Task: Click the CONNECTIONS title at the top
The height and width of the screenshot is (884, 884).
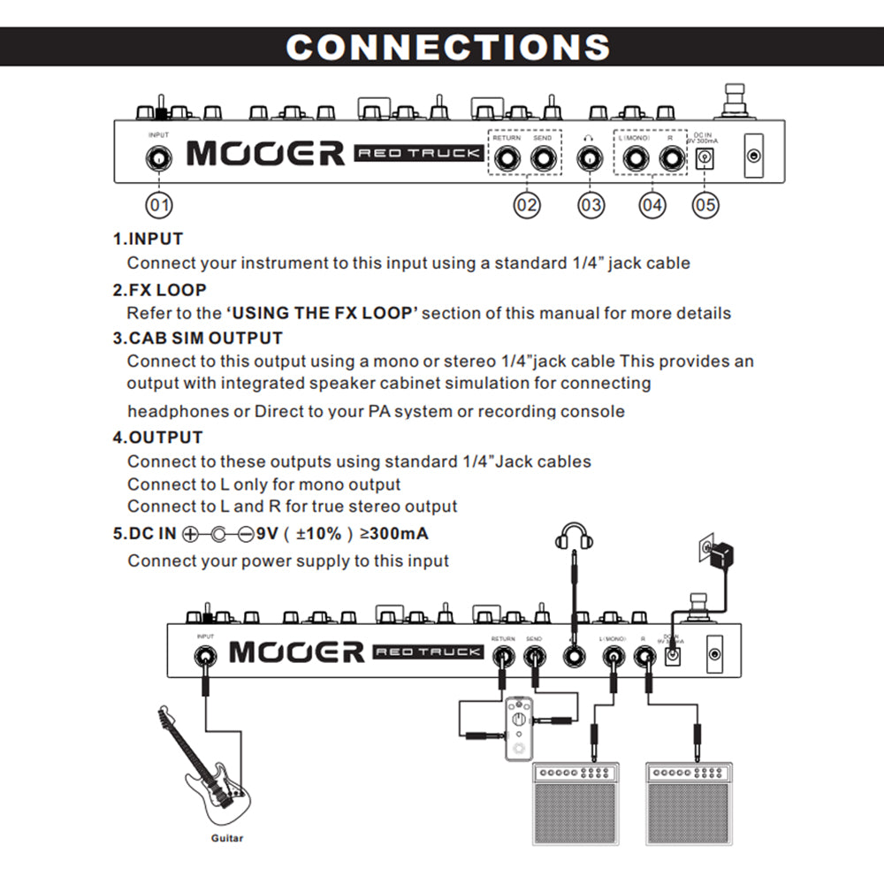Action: pos(448,47)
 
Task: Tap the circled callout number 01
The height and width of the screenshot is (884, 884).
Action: pos(159,205)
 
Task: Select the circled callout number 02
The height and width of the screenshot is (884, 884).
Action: pos(527,205)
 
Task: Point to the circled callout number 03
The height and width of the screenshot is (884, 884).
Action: pos(591,205)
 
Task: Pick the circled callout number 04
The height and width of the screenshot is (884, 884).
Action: pos(652,205)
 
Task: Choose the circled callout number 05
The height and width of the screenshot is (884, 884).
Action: pos(705,205)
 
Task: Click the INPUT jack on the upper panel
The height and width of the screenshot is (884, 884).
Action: pos(159,159)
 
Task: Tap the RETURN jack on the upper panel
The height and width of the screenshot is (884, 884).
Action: pos(507,159)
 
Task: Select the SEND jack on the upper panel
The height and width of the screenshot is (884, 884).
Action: pos(544,159)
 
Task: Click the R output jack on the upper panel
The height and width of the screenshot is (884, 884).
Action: pos(672,159)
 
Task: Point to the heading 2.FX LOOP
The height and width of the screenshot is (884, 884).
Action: pos(160,289)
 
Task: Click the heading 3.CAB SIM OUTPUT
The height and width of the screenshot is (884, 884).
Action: pos(197,338)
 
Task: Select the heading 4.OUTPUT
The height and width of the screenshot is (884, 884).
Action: pos(157,437)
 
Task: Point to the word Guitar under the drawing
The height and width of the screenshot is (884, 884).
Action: pos(226,838)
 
